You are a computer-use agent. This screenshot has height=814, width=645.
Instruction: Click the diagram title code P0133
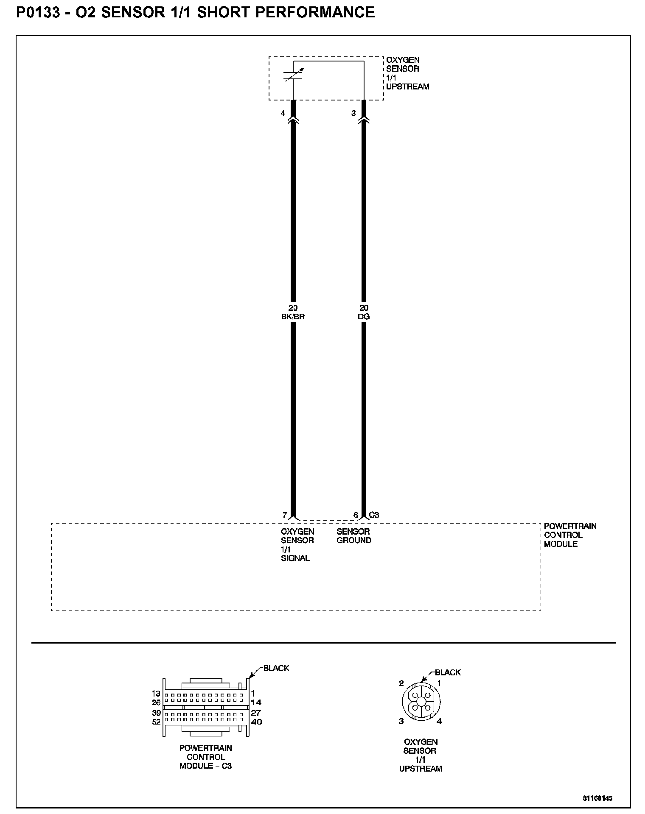point(37,13)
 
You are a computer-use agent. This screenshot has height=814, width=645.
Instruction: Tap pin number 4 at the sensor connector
point(283,114)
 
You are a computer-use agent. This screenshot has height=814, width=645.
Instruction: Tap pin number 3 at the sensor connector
point(353,114)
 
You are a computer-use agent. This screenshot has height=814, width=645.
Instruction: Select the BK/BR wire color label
point(293,317)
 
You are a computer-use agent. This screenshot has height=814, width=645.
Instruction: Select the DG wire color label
point(364,317)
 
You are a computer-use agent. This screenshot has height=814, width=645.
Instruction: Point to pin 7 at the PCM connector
point(285,515)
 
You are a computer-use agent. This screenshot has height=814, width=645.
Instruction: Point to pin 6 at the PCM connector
point(356,515)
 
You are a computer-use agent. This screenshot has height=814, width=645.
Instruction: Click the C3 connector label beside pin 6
point(374,515)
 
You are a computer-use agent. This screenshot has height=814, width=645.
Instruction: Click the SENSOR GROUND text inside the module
point(354,536)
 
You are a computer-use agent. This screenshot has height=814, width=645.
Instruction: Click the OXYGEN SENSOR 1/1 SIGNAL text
point(297,545)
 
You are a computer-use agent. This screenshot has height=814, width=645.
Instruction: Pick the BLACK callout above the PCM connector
point(276,668)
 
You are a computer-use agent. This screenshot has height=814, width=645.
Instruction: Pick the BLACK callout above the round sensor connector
point(448,672)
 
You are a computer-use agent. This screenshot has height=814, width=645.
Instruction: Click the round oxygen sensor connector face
point(421,702)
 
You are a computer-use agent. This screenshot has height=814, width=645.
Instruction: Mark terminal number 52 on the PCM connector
point(156,722)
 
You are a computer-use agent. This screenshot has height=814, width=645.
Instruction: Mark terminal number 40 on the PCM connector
point(256,722)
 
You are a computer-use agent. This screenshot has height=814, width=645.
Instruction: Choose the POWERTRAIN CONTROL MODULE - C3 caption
point(206,757)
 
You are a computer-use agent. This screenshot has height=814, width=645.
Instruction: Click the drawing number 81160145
point(597,798)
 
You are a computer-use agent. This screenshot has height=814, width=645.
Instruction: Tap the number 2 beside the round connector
point(401,683)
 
